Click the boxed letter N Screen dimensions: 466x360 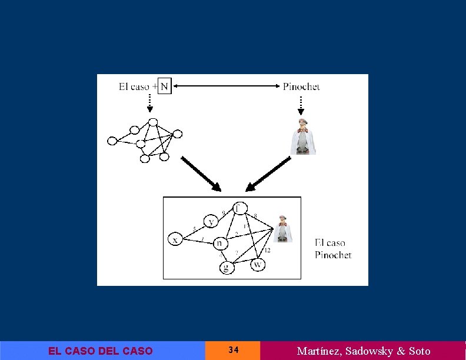164,87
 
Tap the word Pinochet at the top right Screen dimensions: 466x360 301,86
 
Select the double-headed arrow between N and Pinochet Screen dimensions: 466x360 227,86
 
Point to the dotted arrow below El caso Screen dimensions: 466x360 149,104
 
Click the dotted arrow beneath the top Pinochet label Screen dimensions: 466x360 301,104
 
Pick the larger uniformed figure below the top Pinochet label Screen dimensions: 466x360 303,137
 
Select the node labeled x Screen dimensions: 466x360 175,239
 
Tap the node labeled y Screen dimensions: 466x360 211,221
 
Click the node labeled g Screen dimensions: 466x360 227,268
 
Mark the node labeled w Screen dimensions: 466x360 257,265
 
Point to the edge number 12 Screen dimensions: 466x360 267,251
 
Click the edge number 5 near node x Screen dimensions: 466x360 194,229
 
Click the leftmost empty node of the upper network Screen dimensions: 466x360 112,141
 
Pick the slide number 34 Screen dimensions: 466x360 233,351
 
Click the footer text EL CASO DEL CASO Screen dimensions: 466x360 100,351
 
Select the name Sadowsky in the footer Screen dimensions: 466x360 370,351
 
